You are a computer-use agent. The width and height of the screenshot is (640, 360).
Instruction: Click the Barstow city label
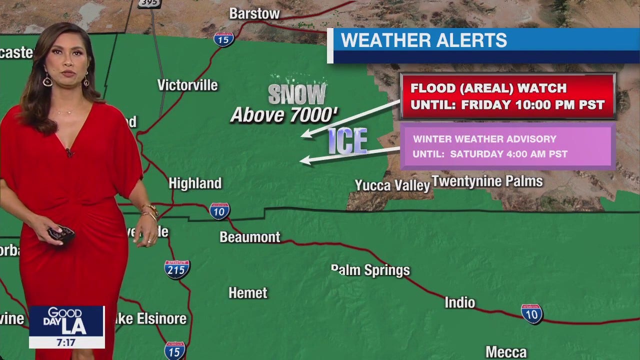tap(254, 14)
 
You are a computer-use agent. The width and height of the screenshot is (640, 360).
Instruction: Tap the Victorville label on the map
tap(187, 85)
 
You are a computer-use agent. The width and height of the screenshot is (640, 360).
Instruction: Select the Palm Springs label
tap(370, 270)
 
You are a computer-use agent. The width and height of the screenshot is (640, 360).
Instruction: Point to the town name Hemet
tap(248, 293)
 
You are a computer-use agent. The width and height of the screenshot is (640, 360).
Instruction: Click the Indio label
tap(460, 302)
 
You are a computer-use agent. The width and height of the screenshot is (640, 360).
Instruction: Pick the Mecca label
tap(506, 352)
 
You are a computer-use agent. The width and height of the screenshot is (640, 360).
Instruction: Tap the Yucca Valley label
tap(392, 185)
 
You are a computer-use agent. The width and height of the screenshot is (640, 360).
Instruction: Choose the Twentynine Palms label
tap(487, 181)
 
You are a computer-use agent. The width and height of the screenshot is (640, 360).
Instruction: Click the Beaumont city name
tap(250, 237)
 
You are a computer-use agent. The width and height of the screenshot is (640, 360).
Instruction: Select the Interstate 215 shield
tap(177, 269)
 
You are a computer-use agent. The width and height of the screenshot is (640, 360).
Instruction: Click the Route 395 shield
tap(149, 3)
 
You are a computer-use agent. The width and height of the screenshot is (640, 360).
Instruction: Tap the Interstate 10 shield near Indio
tap(531, 314)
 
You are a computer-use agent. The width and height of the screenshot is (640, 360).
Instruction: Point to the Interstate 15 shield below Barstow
tap(224, 39)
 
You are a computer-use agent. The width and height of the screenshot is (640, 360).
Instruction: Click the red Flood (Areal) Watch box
tap(507, 96)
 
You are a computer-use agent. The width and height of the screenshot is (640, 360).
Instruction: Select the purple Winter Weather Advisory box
tap(507, 146)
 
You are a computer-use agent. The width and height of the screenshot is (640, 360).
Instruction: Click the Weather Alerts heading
tap(424, 40)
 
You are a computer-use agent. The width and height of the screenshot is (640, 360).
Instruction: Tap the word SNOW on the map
tap(297, 93)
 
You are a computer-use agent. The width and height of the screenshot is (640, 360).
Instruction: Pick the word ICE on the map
tap(348, 140)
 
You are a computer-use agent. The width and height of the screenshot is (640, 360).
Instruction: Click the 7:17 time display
tap(66, 342)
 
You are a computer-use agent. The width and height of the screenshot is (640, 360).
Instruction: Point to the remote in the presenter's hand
tap(61, 233)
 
